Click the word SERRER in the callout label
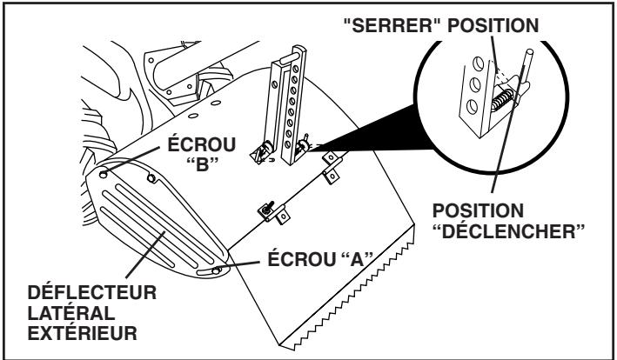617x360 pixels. click(392, 26)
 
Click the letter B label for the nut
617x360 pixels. click(202, 165)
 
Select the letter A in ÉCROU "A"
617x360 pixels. click(357, 260)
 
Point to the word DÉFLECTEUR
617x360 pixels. click(92, 293)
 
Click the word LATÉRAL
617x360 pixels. click(71, 313)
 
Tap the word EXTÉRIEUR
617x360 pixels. click(83, 334)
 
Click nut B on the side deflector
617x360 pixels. click(103, 174)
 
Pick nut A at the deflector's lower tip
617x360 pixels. click(215, 270)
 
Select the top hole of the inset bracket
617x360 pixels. click(478, 63)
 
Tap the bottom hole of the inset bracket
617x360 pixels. click(472, 107)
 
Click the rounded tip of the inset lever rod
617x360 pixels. click(530, 52)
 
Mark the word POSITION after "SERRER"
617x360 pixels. click(493, 26)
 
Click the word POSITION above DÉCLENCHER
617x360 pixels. click(478, 211)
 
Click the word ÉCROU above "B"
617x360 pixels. click(202, 144)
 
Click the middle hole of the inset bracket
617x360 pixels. click(475, 85)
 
